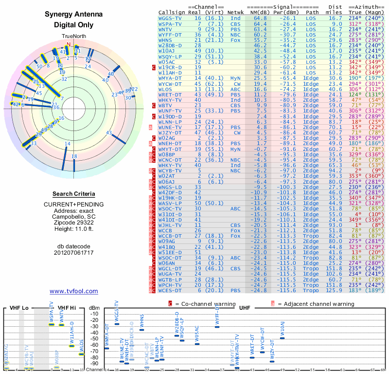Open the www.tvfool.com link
point(73,291)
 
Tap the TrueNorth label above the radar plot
point(73,37)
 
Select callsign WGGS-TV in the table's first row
point(170,18)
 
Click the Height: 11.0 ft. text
point(74,229)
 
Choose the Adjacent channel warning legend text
point(315,304)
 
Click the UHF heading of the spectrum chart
point(245,308)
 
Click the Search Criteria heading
point(74,194)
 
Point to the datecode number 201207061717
point(74,252)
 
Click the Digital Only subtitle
point(74,25)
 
